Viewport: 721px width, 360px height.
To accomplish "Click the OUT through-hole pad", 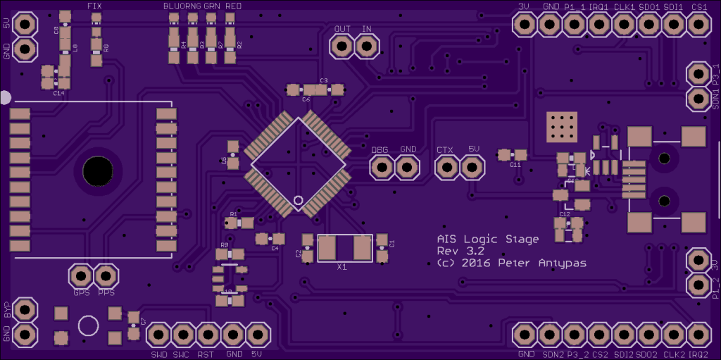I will (x=342, y=46).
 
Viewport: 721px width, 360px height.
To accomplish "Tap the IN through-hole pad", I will (x=366, y=46).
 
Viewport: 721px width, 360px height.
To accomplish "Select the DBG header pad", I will (x=382, y=168).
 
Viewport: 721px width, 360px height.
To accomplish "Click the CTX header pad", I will (x=446, y=168).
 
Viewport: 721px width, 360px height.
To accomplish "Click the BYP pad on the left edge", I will (x=25, y=309).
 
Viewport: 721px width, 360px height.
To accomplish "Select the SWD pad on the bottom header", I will (x=159, y=334).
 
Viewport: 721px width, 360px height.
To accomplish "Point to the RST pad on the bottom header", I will (x=208, y=334).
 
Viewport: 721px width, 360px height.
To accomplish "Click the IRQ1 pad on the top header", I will (x=598, y=25).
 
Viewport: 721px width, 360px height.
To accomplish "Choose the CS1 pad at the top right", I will (x=698, y=25).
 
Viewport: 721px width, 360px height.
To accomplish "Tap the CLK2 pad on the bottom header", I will (x=673, y=333).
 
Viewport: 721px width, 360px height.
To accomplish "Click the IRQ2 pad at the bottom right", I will (x=698, y=333).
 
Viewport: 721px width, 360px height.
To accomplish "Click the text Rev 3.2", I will (x=460, y=252).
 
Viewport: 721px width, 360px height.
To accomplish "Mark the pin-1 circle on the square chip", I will (x=299, y=201).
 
